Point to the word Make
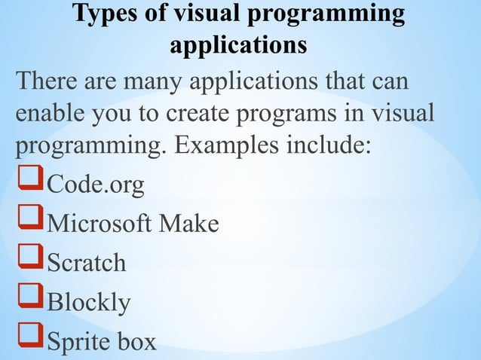pyautogui.click(x=190, y=224)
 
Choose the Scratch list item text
pyautogui.click(x=86, y=263)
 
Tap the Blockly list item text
pyautogui.click(x=88, y=302)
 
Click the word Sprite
pyautogui.click(x=78, y=341)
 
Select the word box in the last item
pyautogui.click(x=137, y=341)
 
